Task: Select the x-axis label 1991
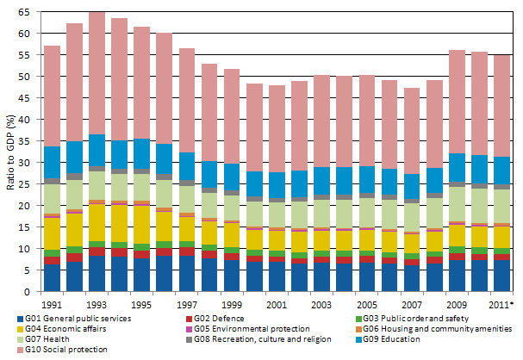click(x=52, y=306)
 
